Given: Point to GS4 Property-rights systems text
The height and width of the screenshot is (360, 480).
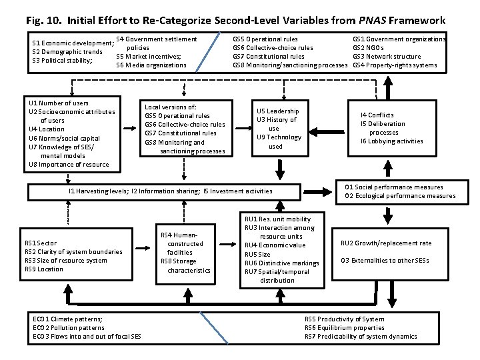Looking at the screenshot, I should click(395, 65).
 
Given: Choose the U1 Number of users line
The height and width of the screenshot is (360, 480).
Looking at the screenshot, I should click(59, 103).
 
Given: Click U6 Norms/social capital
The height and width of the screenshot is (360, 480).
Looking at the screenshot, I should click(64, 138).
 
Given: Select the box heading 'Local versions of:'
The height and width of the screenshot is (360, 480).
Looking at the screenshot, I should click(170, 107).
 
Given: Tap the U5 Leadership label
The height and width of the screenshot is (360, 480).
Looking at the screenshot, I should click(277, 111).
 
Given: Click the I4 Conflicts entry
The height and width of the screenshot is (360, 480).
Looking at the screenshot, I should click(377, 115).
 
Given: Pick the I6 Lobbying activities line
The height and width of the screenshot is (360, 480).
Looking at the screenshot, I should click(391, 141).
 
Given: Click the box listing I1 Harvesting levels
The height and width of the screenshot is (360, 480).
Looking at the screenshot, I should click(170, 191).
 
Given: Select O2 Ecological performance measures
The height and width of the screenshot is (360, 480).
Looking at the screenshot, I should click(400, 196).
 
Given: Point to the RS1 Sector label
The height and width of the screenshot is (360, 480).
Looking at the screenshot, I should click(41, 243).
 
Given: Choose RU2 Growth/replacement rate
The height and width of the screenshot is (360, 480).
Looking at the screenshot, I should click(386, 243).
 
